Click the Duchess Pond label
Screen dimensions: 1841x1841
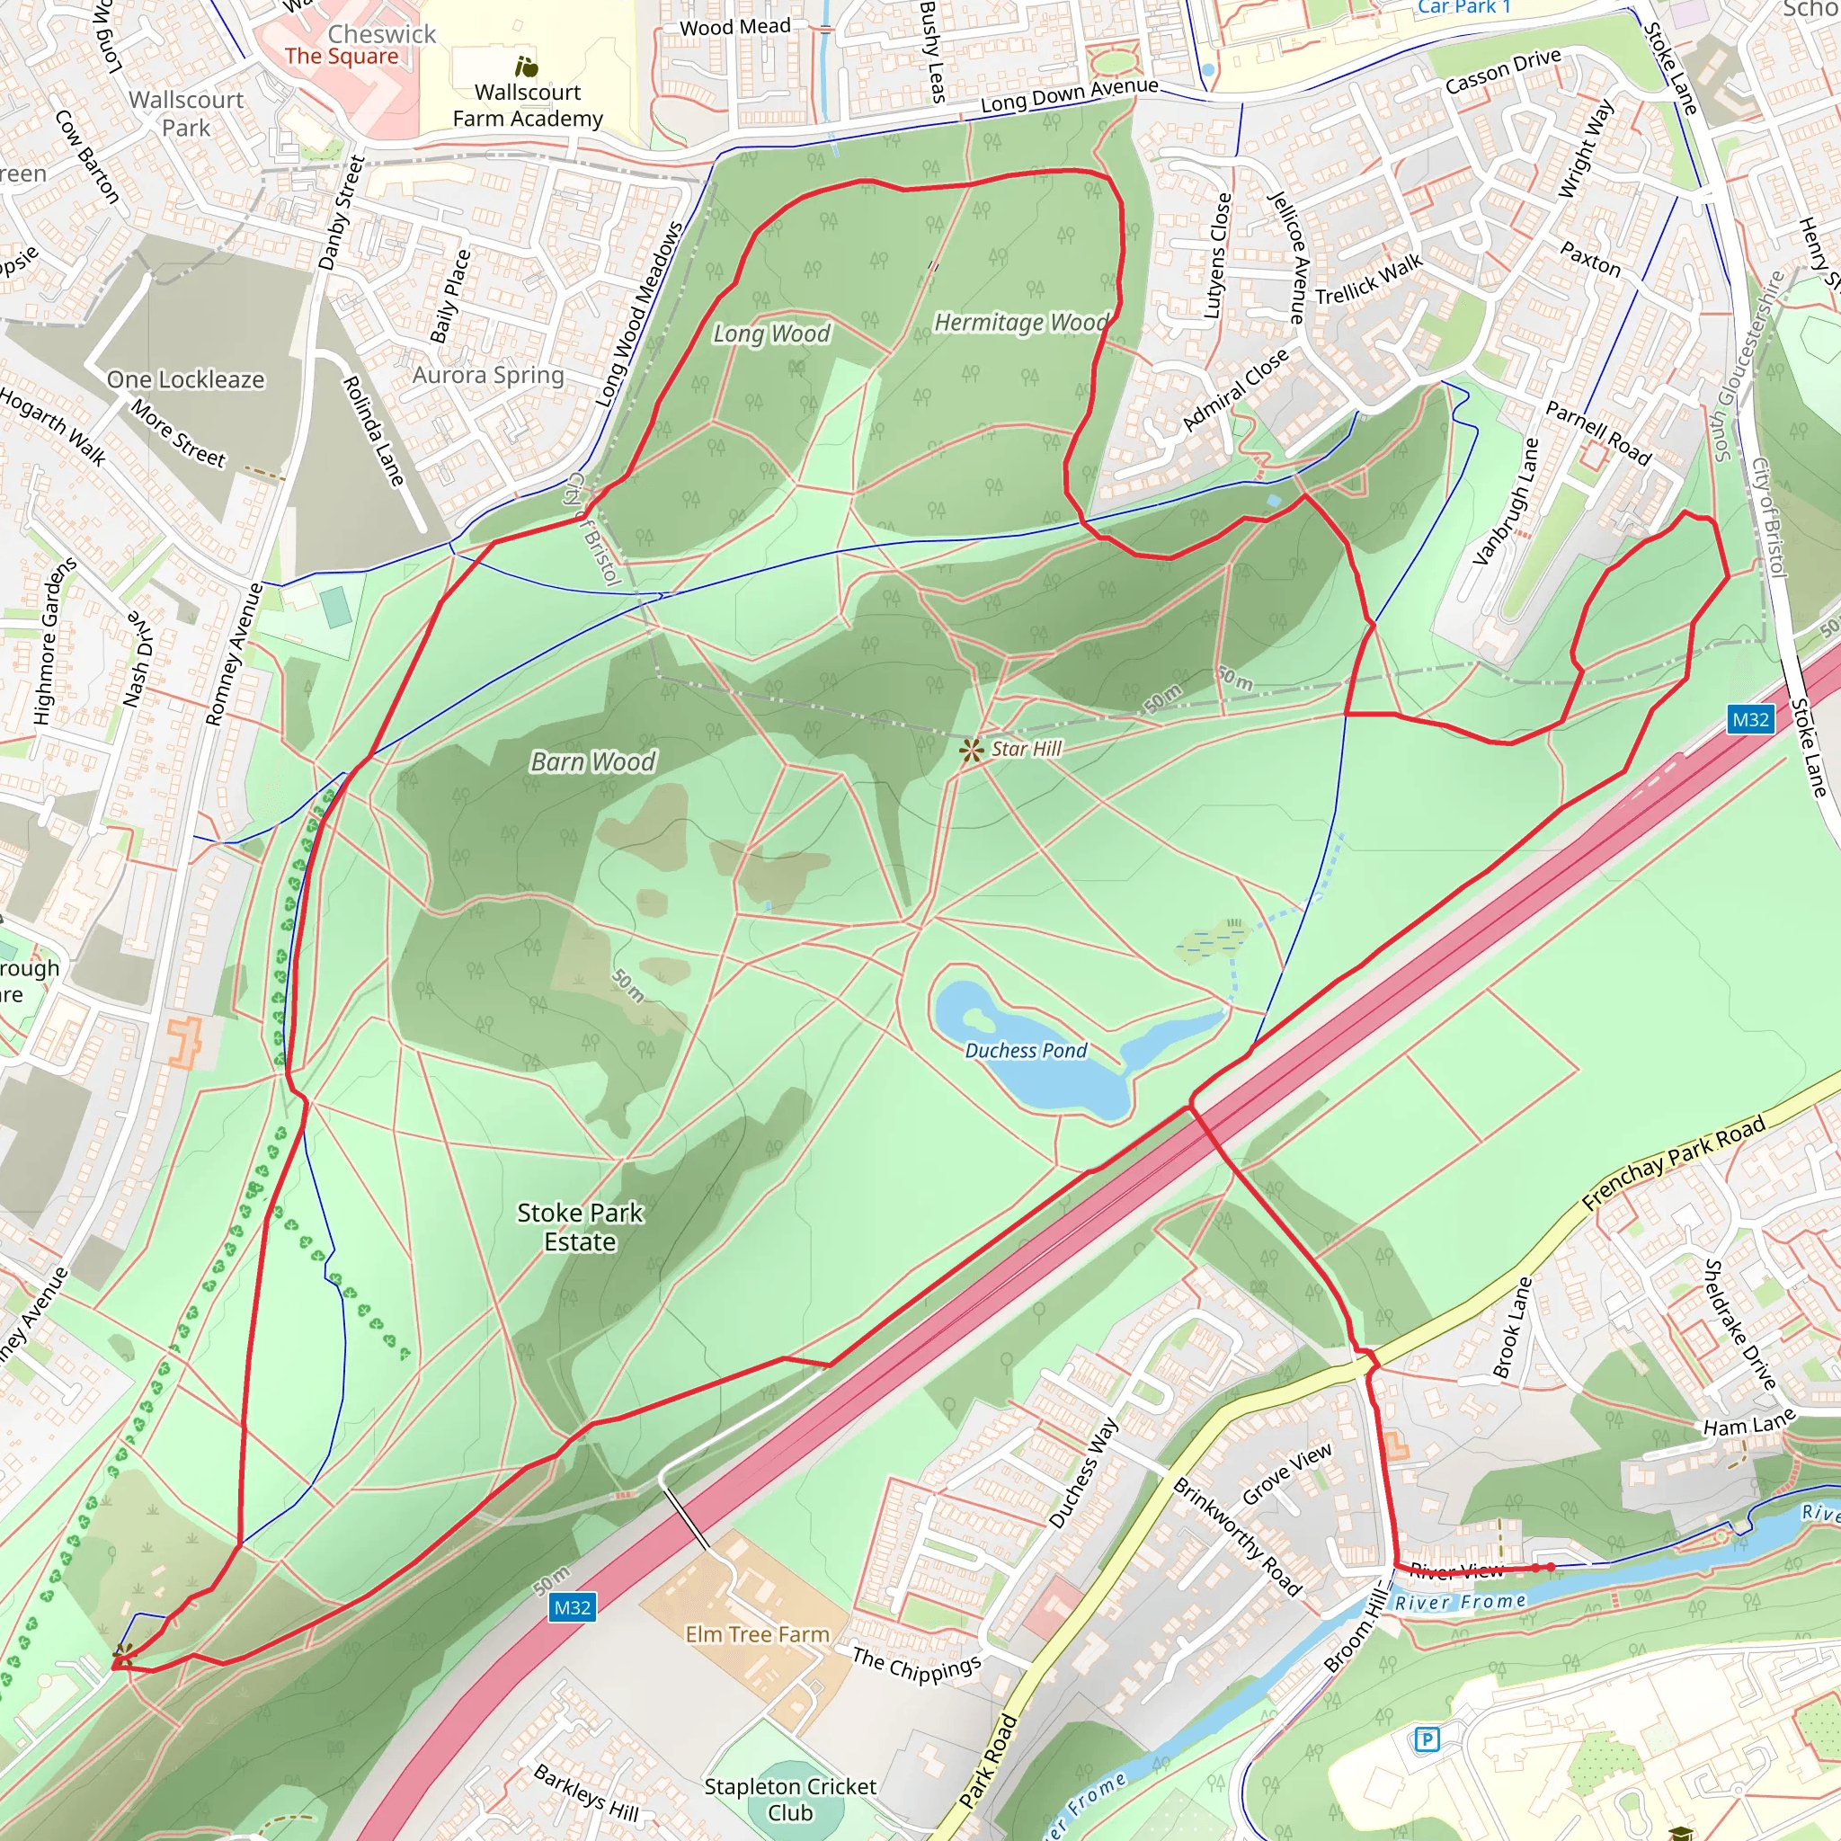coord(1026,1050)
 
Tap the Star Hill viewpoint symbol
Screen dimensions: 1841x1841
coord(971,751)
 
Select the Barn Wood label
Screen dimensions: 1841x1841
coord(592,761)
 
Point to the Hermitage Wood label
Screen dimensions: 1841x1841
coord(1020,322)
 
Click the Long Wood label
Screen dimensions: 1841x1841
coord(772,334)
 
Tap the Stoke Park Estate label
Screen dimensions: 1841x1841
coord(580,1227)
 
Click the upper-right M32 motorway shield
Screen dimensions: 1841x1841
coord(1750,719)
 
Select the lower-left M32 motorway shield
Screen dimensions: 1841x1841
coord(572,1607)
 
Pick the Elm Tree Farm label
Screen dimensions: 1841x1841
coord(757,1634)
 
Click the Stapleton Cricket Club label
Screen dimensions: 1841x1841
coord(790,1799)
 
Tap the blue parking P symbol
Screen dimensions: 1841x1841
coord(1426,1740)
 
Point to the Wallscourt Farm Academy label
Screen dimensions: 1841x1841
coord(528,105)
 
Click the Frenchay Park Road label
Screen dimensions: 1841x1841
coord(1674,1162)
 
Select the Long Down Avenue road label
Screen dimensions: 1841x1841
coord(1069,94)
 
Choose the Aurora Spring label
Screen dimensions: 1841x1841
coord(488,375)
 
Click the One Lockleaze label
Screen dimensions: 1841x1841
coord(186,379)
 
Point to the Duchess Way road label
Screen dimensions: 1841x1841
coord(1083,1473)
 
